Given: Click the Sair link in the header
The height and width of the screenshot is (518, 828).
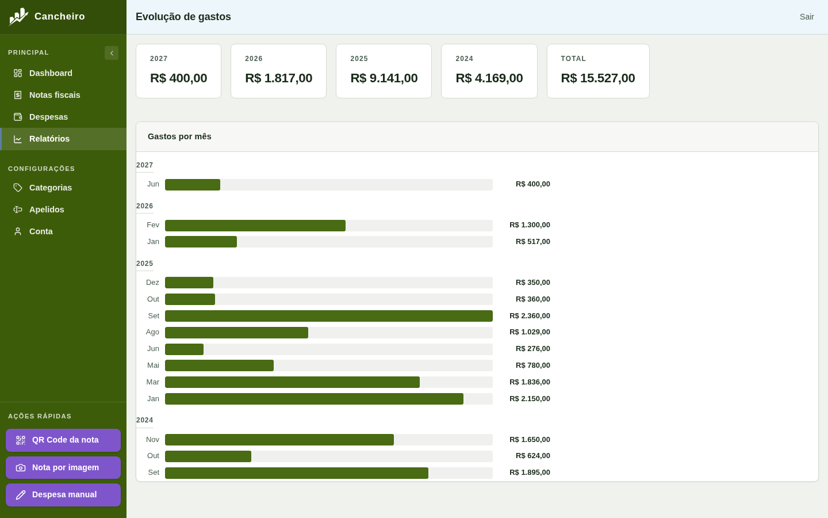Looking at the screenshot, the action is click(807, 17).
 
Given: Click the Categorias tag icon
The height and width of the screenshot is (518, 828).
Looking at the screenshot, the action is click(18, 188).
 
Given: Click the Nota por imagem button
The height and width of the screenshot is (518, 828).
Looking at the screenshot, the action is click(63, 468).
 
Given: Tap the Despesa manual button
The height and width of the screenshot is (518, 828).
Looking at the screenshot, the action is click(63, 495).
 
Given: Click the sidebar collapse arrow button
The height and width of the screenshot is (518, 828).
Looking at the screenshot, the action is click(112, 53).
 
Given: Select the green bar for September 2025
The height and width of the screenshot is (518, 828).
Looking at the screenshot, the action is click(329, 316).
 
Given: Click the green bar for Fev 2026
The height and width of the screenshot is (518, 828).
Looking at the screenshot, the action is click(255, 226).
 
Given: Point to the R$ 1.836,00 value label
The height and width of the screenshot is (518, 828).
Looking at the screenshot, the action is click(530, 382).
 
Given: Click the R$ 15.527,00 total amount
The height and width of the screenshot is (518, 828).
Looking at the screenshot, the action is click(598, 78).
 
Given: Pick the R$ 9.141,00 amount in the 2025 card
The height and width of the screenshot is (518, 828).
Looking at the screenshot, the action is click(384, 78).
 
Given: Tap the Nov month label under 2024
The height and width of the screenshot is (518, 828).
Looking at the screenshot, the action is click(152, 440).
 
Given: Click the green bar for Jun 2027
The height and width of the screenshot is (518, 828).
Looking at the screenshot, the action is click(193, 185).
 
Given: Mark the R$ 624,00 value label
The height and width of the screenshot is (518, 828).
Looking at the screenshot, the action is click(532, 456).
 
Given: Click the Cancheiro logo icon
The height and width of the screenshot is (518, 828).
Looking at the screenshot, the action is click(18, 17).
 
